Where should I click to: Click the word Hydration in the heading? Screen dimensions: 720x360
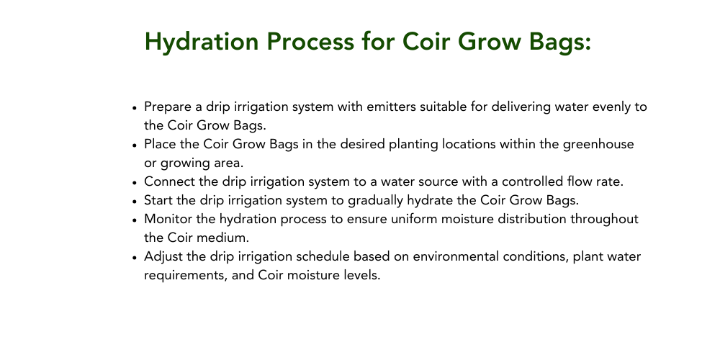(202, 42)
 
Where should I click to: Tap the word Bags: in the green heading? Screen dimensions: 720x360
(559, 42)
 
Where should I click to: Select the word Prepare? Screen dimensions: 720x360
(168, 107)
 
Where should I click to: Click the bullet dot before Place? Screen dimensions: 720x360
(135, 145)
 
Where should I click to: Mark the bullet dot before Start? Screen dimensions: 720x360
(135, 202)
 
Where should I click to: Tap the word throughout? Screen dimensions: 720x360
(604, 220)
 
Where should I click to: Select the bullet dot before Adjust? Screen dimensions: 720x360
(135, 258)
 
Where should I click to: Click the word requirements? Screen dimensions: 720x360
(186, 276)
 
